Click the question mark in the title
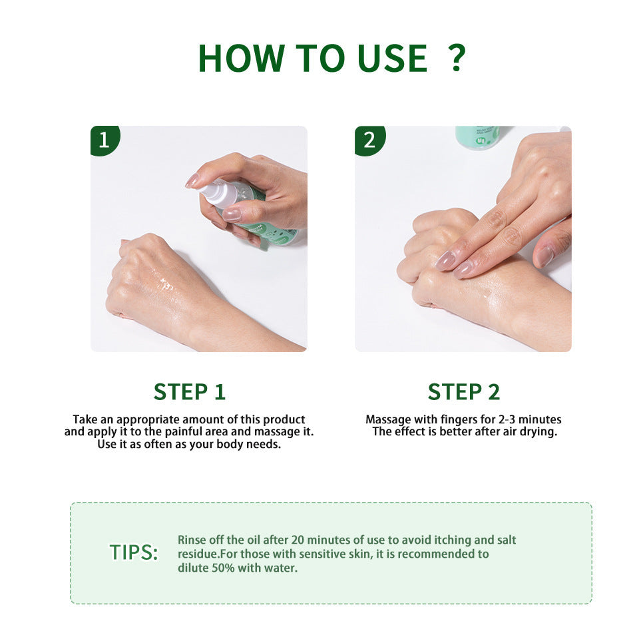coord(456,59)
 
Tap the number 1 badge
coord(104,140)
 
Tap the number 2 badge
coord(369,140)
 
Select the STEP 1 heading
coord(190,392)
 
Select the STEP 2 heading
coord(463,392)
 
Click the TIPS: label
coord(134,552)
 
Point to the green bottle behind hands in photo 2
coord(477,137)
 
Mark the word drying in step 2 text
coord(538,432)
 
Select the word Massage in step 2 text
coord(387,419)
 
